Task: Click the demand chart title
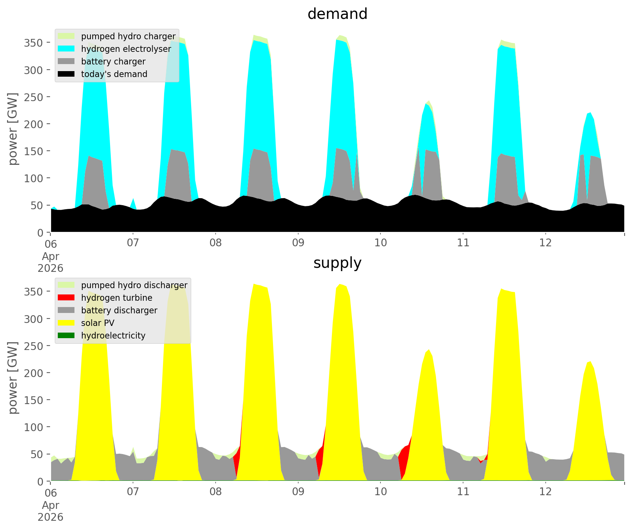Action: [337, 14]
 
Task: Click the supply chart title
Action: [337, 263]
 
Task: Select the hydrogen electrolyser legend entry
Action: [126, 49]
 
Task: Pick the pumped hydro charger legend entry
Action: [128, 36]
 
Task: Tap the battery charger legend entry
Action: [113, 61]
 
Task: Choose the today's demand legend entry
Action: [114, 74]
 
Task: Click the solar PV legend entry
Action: [98, 323]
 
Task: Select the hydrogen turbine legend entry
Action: [117, 298]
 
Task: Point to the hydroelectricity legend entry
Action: [113, 336]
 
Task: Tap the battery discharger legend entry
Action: [119, 310]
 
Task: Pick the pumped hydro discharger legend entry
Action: [134, 285]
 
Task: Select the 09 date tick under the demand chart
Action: [298, 243]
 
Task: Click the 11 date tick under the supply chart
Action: [463, 492]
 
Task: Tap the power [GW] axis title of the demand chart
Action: [13, 129]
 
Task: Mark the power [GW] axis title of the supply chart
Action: [13, 378]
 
